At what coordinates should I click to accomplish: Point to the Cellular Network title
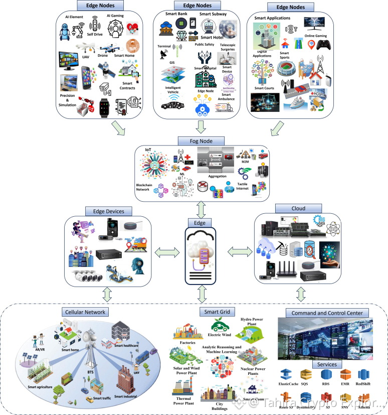[85, 312]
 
